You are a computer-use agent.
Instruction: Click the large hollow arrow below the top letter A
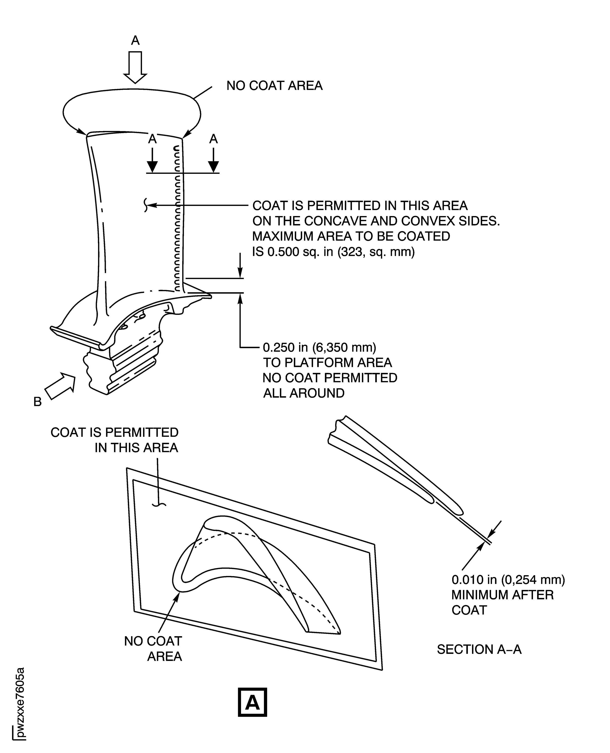coord(135,67)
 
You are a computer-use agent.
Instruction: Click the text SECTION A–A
coord(479,649)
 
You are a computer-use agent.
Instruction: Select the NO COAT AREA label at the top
coord(274,86)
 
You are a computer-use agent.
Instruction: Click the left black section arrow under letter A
coord(152,161)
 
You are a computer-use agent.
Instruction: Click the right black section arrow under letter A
coord(213,161)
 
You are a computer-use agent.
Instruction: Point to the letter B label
coord(38,402)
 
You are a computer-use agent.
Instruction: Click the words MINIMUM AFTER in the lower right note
coord(502,595)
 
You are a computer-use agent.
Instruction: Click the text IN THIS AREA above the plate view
coord(136,448)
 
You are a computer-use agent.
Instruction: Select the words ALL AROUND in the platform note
coord(304,393)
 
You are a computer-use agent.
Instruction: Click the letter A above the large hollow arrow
coord(135,41)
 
